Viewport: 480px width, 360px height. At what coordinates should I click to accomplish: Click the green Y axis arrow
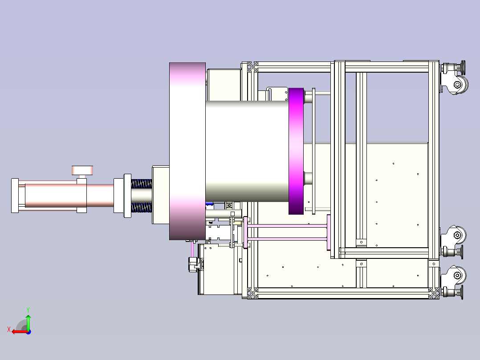tap(28, 322)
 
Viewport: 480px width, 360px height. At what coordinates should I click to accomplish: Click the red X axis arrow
tap(20, 332)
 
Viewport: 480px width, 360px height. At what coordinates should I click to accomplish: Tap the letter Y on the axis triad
tap(28, 310)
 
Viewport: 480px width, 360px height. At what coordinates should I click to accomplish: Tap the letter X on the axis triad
tap(9, 330)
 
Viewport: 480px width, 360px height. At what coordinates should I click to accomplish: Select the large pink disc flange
tap(187, 151)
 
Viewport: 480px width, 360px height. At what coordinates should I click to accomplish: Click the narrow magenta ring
tap(296, 151)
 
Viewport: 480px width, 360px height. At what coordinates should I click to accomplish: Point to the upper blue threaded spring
tap(142, 184)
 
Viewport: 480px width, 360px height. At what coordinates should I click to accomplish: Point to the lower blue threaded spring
tap(142, 208)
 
